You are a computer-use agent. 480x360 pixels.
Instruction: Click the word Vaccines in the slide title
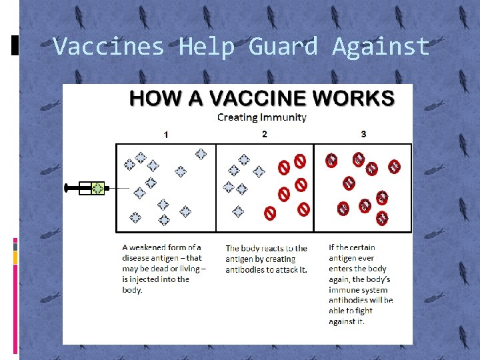coord(108,46)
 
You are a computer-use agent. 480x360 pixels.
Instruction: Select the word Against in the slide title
coord(381,46)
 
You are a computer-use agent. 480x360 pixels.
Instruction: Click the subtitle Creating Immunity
coord(262,117)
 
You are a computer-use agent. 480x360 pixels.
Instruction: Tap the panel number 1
coord(166,135)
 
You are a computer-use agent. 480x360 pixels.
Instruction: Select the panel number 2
coord(265,134)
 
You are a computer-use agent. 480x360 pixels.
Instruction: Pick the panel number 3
coord(363,134)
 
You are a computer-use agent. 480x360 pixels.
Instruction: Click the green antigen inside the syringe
coord(98,188)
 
